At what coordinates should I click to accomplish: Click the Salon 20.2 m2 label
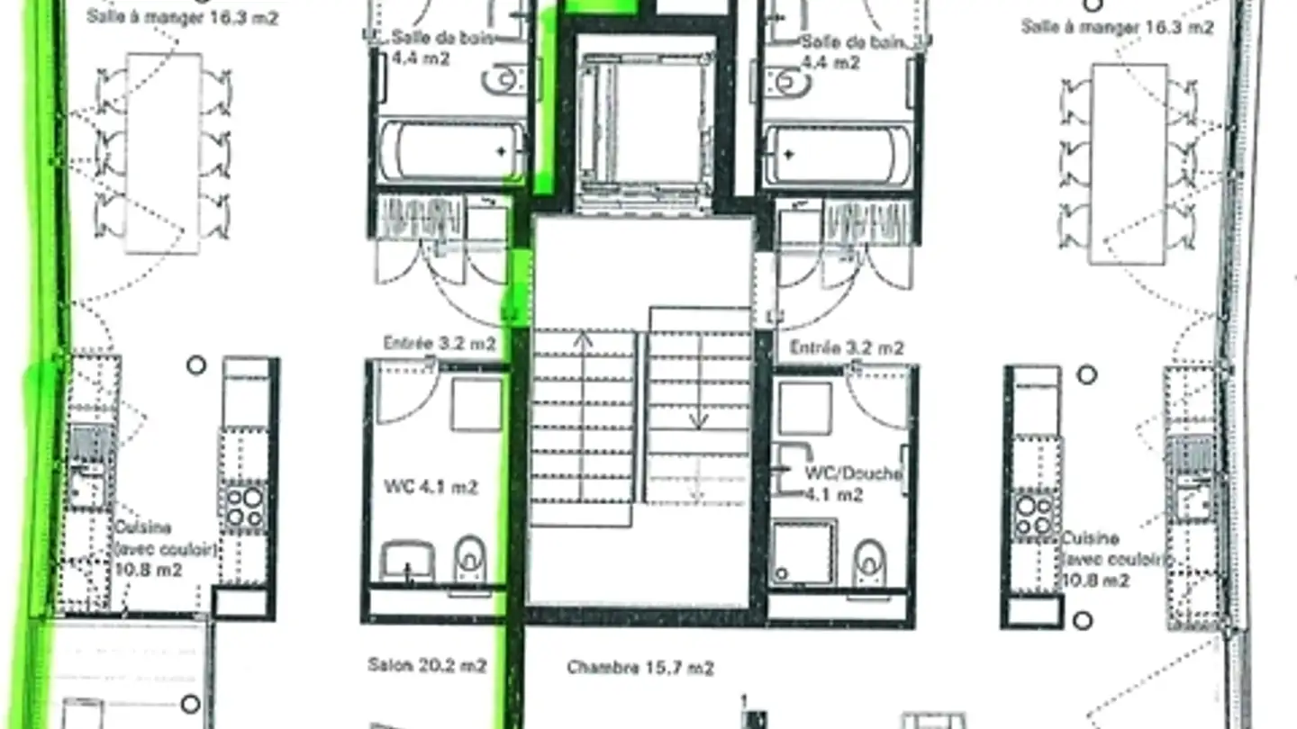pyautogui.click(x=427, y=665)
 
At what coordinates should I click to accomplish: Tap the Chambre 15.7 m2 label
pyautogui.click(x=640, y=668)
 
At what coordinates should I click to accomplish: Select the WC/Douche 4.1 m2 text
pyautogui.click(x=852, y=484)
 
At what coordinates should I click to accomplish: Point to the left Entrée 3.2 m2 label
pyautogui.click(x=440, y=344)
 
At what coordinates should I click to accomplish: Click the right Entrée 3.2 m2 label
pyautogui.click(x=847, y=347)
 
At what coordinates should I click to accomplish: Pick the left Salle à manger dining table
pyautogui.click(x=163, y=153)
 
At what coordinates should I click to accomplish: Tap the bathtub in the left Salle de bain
pyautogui.click(x=451, y=152)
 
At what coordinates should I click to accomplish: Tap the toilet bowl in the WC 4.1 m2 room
pyautogui.click(x=469, y=558)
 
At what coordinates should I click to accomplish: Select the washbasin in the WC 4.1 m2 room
pyautogui.click(x=407, y=562)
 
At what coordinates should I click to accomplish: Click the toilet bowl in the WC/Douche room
pyautogui.click(x=868, y=562)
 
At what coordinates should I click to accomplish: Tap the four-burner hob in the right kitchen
pyautogui.click(x=1033, y=514)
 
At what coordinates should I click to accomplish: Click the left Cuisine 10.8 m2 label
pyautogui.click(x=165, y=548)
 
